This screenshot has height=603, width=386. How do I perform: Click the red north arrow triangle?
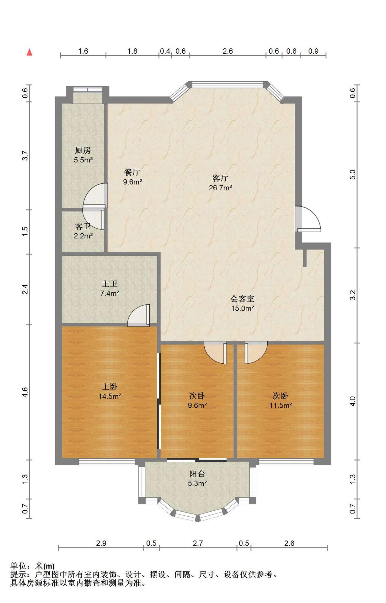point(29,52)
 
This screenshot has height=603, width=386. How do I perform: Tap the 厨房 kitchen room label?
point(83,150)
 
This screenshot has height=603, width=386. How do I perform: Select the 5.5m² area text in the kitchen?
point(83,160)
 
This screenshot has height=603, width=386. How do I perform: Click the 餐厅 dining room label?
point(132,172)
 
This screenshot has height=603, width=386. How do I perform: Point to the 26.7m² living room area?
point(220,188)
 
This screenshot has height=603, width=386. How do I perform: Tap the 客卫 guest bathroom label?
point(83,226)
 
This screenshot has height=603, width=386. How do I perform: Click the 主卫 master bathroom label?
point(110,284)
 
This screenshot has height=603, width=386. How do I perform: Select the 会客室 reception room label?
point(242,299)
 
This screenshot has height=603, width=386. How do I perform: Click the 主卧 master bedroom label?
point(110,387)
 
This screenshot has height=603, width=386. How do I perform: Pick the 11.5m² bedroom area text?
point(281,405)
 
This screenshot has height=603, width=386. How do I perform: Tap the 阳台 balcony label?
point(197,474)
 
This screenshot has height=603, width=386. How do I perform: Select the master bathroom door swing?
point(138,315)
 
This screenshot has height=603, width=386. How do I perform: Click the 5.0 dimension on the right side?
point(352,175)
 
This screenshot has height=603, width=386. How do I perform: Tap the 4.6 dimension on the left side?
point(25,392)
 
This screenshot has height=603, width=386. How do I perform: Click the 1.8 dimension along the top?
point(132,51)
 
